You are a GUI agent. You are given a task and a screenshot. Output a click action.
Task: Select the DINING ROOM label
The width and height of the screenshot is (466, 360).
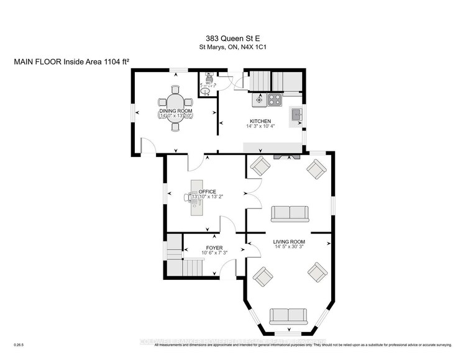(x=176, y=110)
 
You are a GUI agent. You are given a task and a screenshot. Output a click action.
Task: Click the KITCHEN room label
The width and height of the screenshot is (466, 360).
(x=260, y=121)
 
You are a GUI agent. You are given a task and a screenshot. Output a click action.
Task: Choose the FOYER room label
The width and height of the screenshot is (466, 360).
(x=214, y=248)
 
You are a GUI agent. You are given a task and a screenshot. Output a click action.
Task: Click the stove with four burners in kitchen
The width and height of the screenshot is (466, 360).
(x=275, y=99)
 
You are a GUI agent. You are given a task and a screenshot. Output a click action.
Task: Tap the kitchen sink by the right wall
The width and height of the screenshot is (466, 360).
(x=297, y=114)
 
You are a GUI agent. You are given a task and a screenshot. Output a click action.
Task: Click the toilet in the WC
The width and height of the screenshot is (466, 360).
(x=208, y=91)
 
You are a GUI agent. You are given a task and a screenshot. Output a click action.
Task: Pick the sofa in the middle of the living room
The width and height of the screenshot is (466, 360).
(x=290, y=214)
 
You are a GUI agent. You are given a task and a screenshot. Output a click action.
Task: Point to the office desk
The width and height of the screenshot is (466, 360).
(x=196, y=199)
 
